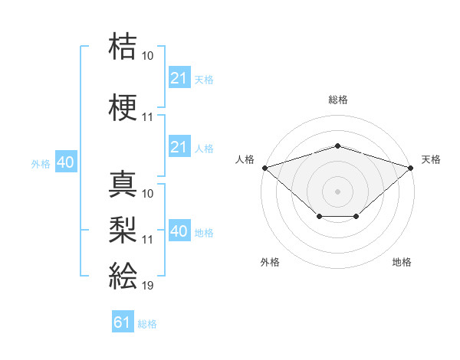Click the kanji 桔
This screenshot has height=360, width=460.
tap(123, 46)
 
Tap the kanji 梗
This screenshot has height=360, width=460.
tap(123, 107)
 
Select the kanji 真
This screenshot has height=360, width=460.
tap(123, 184)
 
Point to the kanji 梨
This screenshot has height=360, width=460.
tap(123, 230)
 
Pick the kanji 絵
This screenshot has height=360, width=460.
tap(123, 275)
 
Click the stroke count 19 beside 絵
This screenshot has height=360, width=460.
tap(147, 286)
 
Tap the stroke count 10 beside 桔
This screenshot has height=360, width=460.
tap(147, 56)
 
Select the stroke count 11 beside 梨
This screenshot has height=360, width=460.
tap(147, 240)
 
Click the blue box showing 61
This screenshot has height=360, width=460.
tap(123, 321)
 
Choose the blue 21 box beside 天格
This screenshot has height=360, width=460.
tap(179, 77)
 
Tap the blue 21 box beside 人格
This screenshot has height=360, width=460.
tap(179, 146)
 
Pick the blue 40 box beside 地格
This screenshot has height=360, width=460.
tap(179, 230)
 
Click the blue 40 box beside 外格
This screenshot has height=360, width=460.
tap(66, 162)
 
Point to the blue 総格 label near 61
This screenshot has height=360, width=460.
tap(147, 324)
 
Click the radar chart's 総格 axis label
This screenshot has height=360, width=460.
tap(338, 100)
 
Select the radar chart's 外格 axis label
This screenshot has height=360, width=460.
tap(270, 262)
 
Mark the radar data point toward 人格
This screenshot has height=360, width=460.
tap(265, 168)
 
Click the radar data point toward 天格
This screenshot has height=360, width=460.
tap(411, 168)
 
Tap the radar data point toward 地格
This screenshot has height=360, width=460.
tap(356, 216)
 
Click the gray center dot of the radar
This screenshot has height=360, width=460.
tap(337, 191)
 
